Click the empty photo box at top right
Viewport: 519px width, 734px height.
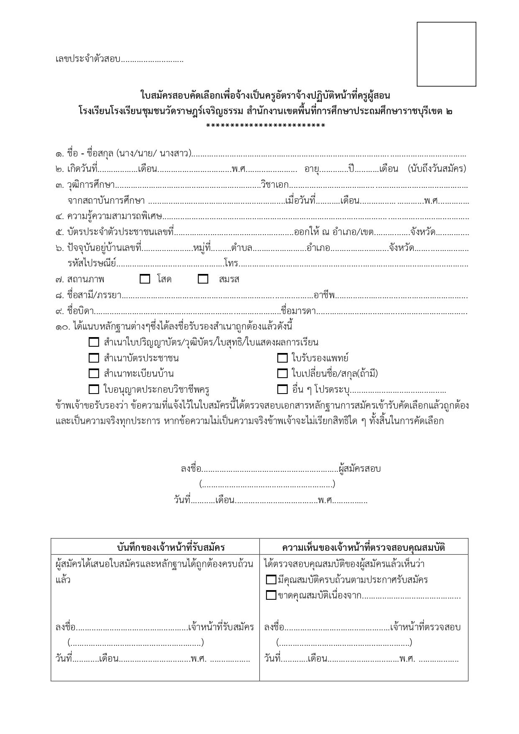point(446,54)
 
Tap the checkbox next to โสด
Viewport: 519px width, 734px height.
point(145,279)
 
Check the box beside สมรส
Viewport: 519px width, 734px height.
point(203,279)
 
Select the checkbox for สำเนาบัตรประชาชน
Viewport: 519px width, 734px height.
point(94,358)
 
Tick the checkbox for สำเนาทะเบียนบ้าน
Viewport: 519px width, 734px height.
point(94,373)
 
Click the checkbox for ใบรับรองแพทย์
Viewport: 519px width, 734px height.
point(282,358)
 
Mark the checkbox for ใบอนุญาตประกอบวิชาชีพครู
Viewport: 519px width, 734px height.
point(94,389)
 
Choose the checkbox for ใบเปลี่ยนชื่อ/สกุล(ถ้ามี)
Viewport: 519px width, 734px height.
point(282,373)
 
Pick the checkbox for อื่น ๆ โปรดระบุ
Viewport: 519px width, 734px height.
point(282,389)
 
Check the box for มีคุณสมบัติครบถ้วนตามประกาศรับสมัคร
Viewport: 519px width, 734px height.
point(271,580)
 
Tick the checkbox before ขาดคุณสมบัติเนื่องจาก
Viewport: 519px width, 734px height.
point(271,595)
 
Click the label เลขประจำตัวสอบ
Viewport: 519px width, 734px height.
point(88,59)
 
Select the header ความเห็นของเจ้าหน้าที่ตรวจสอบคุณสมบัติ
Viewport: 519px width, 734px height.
point(363,547)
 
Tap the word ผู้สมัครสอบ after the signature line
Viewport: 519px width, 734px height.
point(360,468)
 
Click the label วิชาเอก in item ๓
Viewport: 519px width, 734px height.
point(274,185)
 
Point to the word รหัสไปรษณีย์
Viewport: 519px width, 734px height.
point(92,263)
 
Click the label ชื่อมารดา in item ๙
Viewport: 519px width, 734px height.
point(298,311)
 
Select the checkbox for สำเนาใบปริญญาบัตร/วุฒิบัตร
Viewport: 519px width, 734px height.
point(94,342)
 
